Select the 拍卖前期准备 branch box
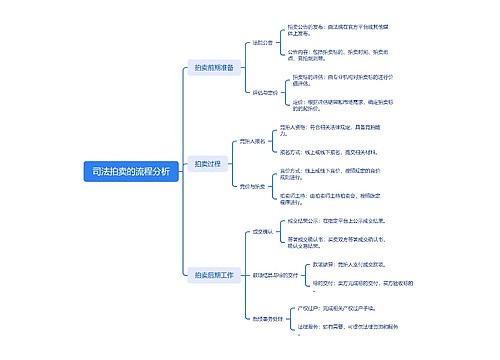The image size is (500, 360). pyautogui.click(x=214, y=67)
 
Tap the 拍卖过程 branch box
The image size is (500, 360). pyautogui.click(x=208, y=163)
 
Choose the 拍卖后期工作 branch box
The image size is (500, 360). pyautogui.click(x=214, y=273)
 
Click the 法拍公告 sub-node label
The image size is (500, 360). pyautogui.click(x=262, y=43)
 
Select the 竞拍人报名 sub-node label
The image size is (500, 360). pyautogui.click(x=254, y=143)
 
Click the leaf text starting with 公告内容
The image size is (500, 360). pyautogui.click(x=329, y=53)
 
